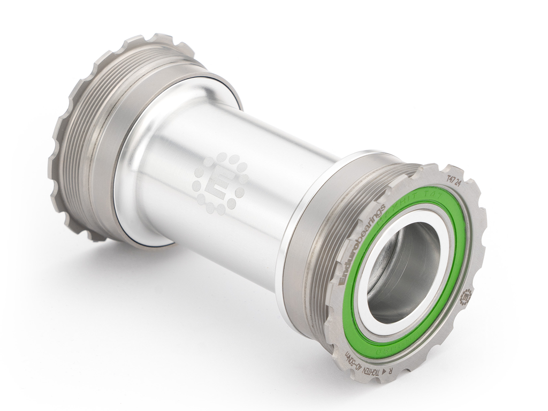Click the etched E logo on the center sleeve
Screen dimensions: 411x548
click(220, 184)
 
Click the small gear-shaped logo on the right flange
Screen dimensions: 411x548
click(467, 295)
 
